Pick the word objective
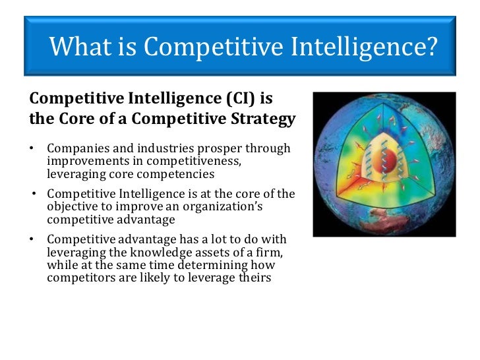pyautogui.click(x=72, y=206)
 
